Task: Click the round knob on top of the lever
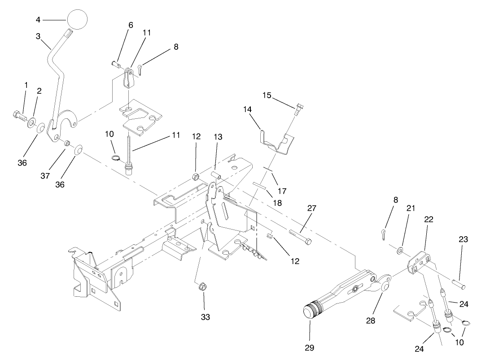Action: [77, 19]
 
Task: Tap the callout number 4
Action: [38, 19]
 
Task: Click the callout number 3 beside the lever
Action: [38, 35]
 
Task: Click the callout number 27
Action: [312, 208]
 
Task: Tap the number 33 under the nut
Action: [205, 317]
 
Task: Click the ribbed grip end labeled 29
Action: [311, 310]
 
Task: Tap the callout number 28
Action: [371, 321]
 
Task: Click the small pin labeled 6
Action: [116, 64]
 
